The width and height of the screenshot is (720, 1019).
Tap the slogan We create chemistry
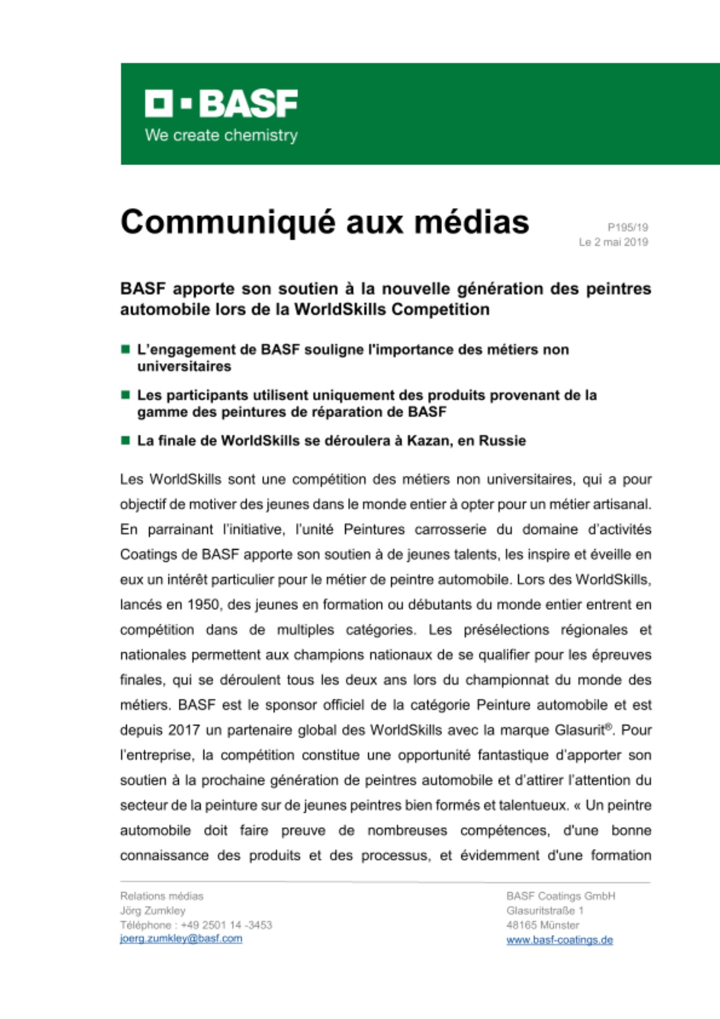221,136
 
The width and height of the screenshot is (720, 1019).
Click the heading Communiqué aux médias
325,222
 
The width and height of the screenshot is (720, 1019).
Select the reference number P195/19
627,227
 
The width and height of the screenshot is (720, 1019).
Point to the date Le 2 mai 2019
613,242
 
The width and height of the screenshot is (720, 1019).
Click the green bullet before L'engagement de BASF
125,350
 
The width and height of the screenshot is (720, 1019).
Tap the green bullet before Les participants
125,395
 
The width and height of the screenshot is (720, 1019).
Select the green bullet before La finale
125,440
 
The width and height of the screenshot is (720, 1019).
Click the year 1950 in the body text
203,605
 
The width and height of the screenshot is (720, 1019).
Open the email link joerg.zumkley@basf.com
181,938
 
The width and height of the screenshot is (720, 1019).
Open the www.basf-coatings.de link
559,940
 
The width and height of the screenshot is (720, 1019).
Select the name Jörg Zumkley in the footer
153,910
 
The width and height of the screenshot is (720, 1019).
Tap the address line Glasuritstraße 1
545,910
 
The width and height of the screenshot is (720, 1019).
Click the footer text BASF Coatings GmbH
561,896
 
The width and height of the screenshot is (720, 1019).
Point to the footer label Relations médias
162,896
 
